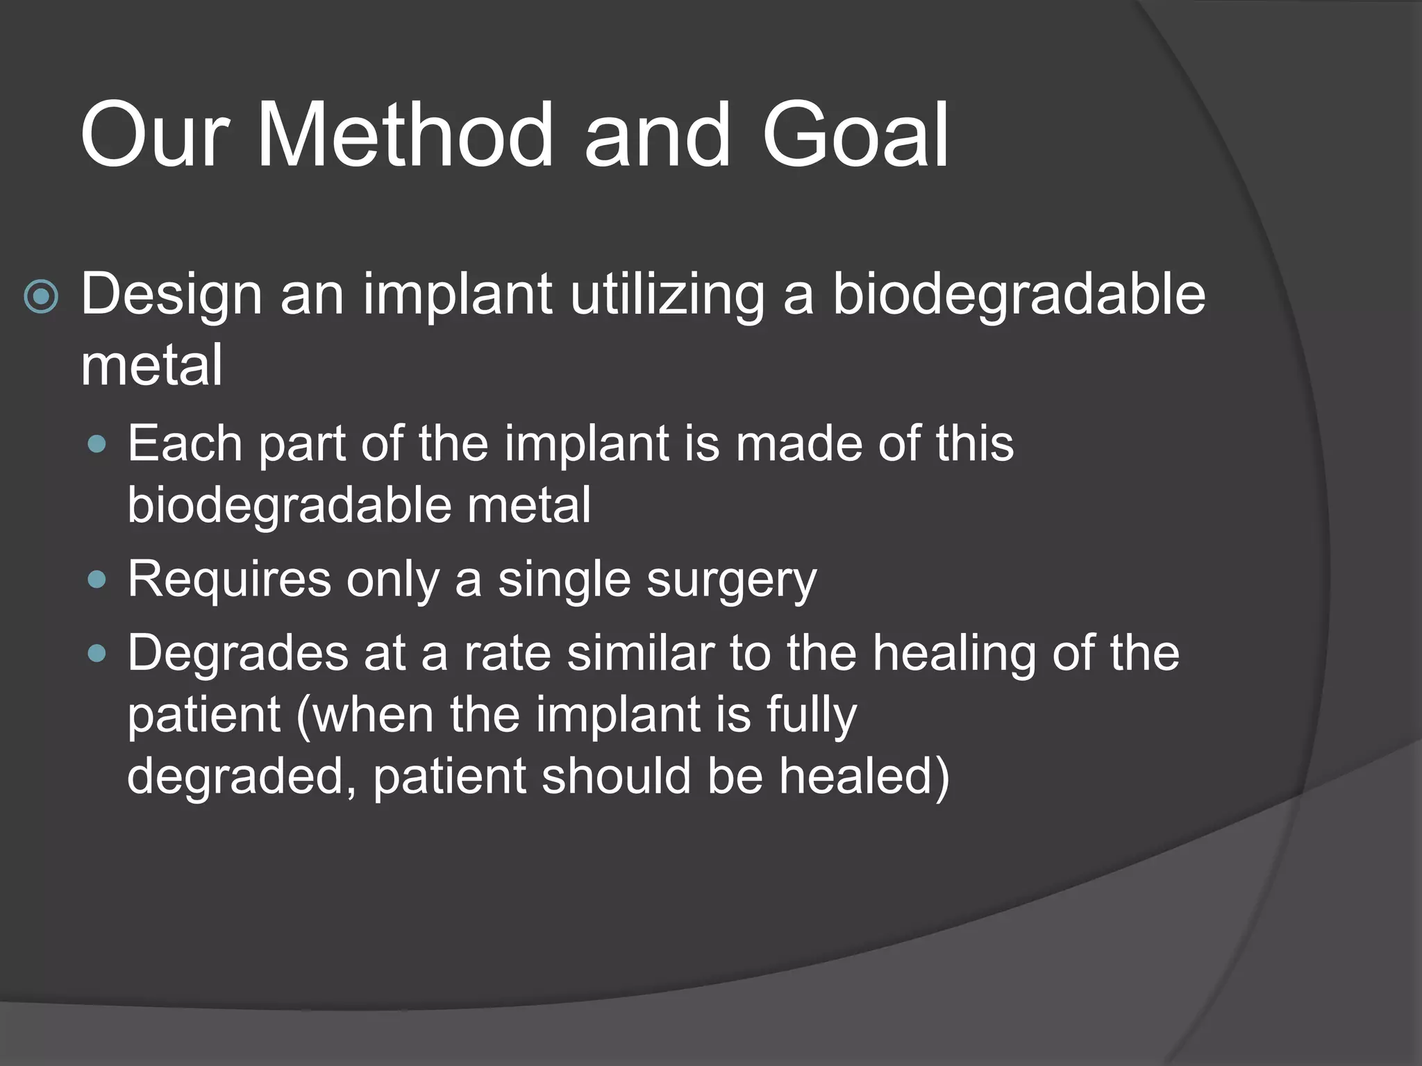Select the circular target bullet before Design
pos(41,297)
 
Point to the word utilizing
pos(667,294)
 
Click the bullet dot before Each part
pos(98,444)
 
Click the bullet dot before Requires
pos(98,579)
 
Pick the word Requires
pos(229,579)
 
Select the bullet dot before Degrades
pos(98,653)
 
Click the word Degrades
pos(237,653)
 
